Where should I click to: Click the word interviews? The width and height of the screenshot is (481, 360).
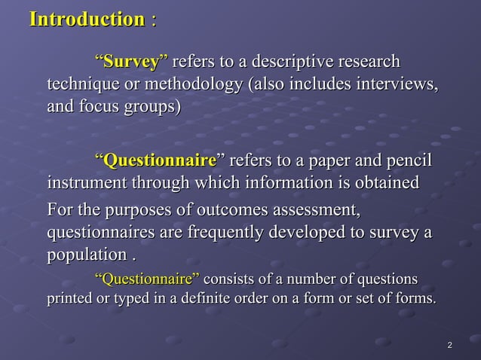click(x=396, y=83)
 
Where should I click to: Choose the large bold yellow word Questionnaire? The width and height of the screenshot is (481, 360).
click(x=160, y=160)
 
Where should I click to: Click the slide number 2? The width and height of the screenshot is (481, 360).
click(x=449, y=346)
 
